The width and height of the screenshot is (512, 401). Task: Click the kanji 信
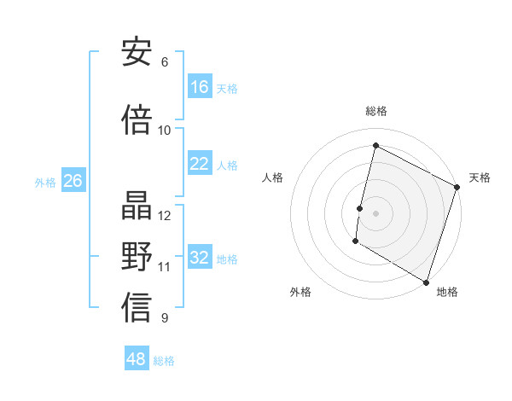(x=137, y=310)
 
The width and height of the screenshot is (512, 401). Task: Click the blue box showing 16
(x=200, y=87)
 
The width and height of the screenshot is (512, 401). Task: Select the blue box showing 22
(x=200, y=164)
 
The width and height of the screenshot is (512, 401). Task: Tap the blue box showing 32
(x=200, y=258)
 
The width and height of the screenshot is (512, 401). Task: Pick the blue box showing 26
(x=73, y=181)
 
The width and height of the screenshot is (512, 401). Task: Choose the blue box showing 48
(x=137, y=359)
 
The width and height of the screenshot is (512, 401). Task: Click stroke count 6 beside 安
(x=165, y=62)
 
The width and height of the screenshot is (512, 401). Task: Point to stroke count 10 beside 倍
(x=165, y=131)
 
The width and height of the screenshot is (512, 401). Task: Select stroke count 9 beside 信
(x=165, y=318)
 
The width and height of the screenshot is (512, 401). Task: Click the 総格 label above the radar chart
(x=376, y=111)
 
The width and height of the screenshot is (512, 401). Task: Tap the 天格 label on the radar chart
(x=480, y=177)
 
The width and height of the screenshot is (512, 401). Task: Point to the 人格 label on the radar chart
(x=272, y=177)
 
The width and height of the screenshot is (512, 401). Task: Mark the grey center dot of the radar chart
(x=375, y=212)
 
